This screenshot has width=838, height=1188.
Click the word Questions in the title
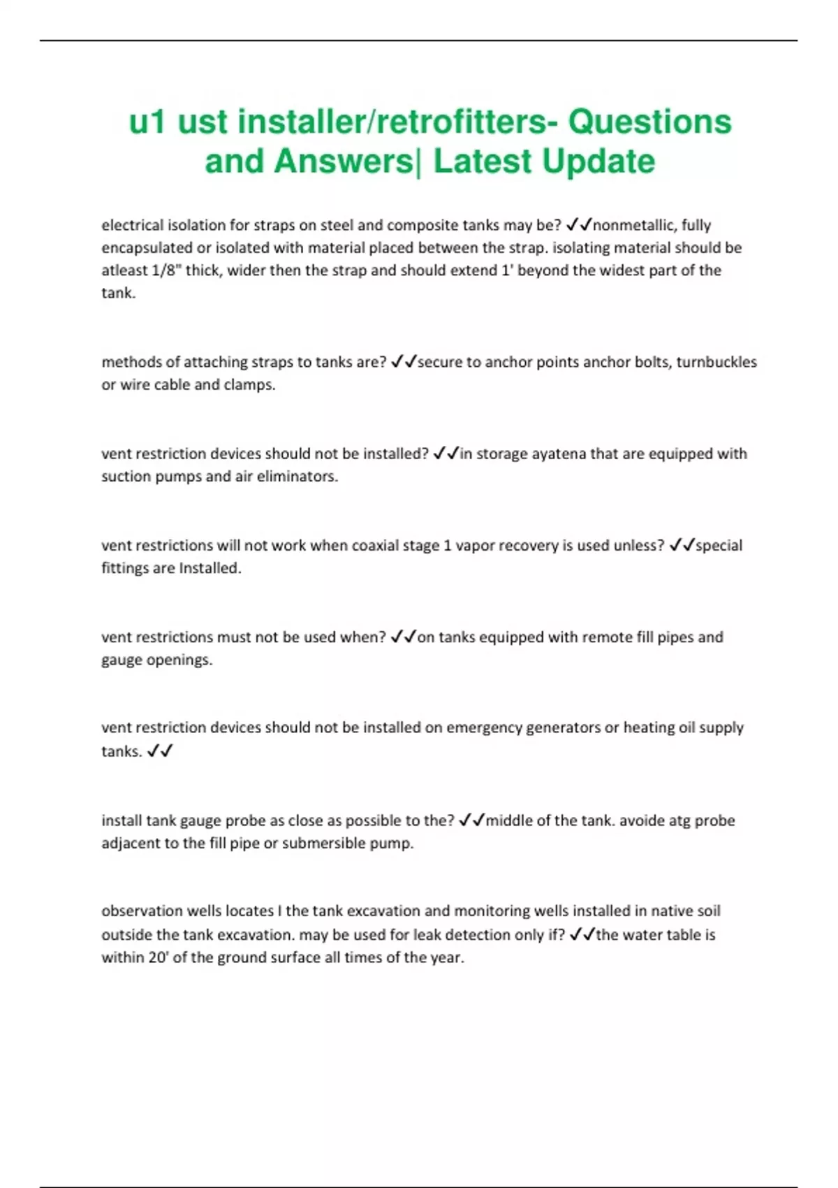pos(649,122)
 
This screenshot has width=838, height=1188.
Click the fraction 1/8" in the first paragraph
pos(167,270)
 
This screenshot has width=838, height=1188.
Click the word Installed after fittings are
pos(209,568)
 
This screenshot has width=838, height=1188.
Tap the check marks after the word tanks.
pos(160,751)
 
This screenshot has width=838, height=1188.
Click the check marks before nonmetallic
pos(578,225)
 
